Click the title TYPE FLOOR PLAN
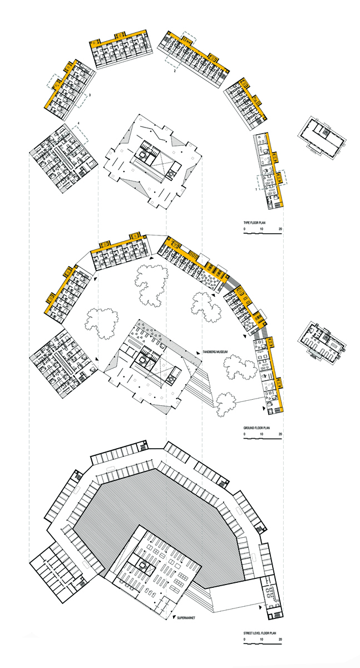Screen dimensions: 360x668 [254, 223]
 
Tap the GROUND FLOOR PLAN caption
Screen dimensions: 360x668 [257, 428]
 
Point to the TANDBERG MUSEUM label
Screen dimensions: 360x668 [215, 352]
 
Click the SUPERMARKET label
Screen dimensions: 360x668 [186, 618]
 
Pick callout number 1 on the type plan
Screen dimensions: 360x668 [256, 189]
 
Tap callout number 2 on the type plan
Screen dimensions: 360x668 [175, 71]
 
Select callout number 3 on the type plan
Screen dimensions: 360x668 [90, 95]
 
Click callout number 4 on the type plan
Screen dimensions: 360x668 [78, 123]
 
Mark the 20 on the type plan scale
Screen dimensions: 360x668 [280, 229]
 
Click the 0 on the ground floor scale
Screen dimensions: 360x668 [244, 434]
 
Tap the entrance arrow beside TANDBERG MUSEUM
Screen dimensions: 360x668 [198, 353]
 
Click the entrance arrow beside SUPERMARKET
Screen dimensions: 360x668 [174, 617]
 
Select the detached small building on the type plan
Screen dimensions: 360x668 [322, 137]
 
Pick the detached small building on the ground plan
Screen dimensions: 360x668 [322, 341]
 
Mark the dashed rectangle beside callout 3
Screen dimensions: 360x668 [82, 101]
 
